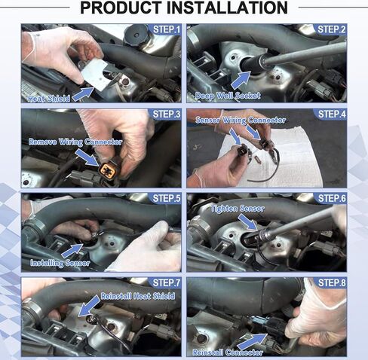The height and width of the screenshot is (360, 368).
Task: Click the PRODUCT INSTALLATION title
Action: point(183,9)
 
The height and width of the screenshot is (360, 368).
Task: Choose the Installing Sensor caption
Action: point(60,263)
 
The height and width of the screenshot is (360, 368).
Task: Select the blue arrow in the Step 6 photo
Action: point(250,220)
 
